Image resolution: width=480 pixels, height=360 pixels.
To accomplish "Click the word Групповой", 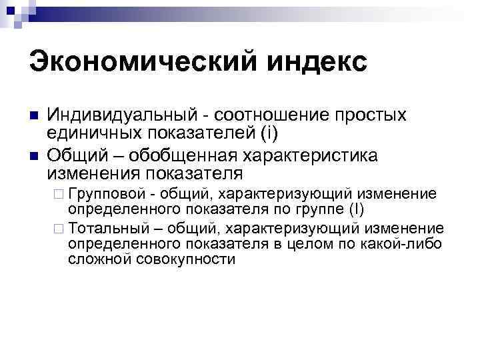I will click(x=106, y=194).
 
